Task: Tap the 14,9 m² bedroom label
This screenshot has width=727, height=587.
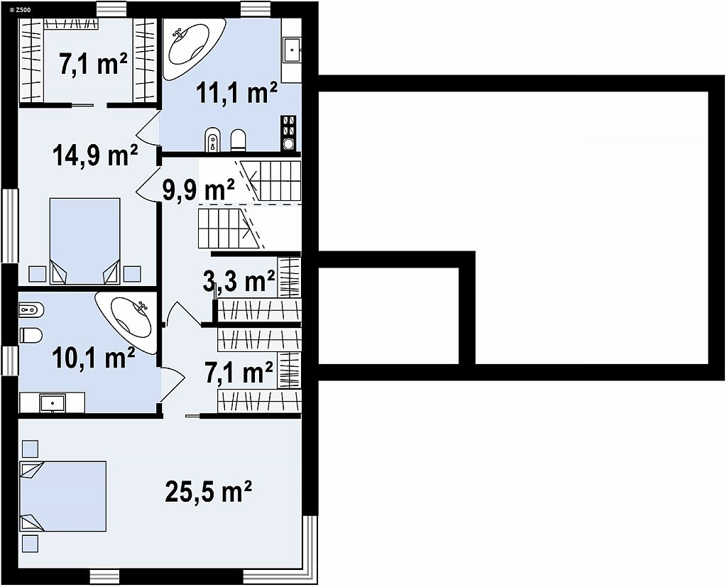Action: [x=96, y=155]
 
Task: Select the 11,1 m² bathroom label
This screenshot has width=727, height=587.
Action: [x=237, y=93]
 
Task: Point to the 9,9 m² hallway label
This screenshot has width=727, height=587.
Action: [x=199, y=190]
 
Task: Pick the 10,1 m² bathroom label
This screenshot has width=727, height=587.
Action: [x=94, y=358]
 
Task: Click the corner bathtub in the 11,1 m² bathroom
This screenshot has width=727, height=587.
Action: [x=192, y=47]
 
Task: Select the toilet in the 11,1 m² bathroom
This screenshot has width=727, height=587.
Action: [x=239, y=140]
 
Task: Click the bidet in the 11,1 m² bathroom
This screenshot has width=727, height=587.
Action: [x=212, y=139]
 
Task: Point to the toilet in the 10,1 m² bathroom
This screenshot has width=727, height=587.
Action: [x=31, y=335]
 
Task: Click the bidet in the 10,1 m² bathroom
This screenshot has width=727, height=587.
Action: [x=31, y=309]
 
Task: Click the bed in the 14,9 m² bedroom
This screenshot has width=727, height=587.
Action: [x=85, y=241]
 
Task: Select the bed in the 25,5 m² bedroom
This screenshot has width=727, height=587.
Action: [x=63, y=496]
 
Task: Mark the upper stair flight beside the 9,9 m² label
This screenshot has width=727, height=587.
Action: [x=270, y=181]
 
